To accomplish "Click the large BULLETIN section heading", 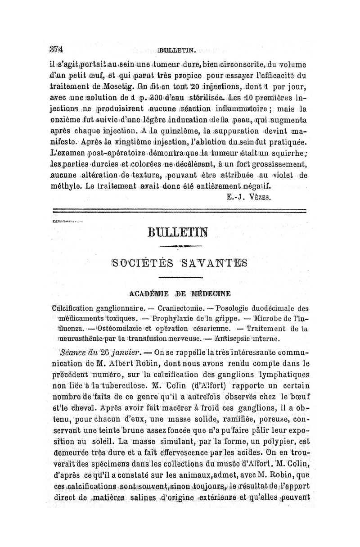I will click(180, 234).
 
